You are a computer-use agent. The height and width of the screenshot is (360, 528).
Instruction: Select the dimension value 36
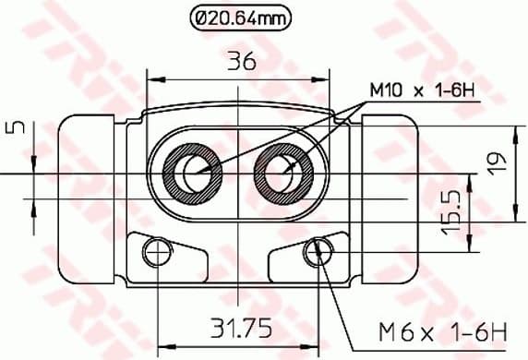(x=242, y=62)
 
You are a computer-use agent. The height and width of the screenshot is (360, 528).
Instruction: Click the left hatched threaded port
(x=194, y=172)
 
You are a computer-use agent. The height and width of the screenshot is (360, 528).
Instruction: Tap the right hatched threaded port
(x=283, y=172)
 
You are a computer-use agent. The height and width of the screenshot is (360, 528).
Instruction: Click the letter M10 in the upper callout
(x=385, y=91)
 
